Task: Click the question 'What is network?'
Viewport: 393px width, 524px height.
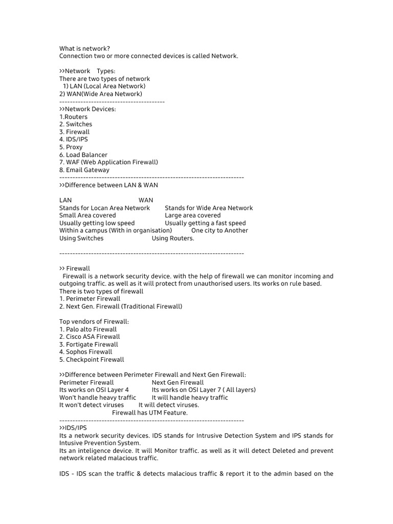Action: pyautogui.click(x=84, y=49)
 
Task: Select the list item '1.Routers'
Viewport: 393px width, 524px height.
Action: pyautogui.click(x=73, y=117)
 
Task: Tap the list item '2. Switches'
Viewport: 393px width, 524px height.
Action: pyautogui.click(x=76, y=124)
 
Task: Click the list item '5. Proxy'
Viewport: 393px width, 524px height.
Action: pyautogui.click(x=71, y=147)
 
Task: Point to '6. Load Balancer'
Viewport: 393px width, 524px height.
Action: pyautogui.click(x=83, y=155)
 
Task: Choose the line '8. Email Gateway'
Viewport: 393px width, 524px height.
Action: pyautogui.click(x=84, y=170)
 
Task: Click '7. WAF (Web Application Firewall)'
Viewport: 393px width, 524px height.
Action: pyautogui.click(x=108, y=162)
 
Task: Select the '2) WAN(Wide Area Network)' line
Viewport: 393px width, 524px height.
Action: pyautogui.click(x=101, y=94)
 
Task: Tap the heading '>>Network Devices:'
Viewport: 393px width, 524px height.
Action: pyautogui.click(x=88, y=109)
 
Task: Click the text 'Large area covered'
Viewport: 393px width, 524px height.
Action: pyautogui.click(x=192, y=215)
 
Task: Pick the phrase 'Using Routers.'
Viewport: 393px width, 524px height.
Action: pyautogui.click(x=173, y=238)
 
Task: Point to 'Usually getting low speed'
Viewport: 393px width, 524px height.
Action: pyautogui.click(x=97, y=223)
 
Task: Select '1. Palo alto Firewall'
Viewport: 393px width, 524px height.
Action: pyautogui.click(x=88, y=330)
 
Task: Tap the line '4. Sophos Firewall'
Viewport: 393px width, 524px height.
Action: pyautogui.click(x=85, y=352)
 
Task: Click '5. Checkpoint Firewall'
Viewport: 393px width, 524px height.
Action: pyautogui.click(x=92, y=360)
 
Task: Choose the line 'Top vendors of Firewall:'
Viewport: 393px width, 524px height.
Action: pyautogui.click(x=94, y=322)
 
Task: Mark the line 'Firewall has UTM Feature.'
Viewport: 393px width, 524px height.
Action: pyautogui.click(x=150, y=412)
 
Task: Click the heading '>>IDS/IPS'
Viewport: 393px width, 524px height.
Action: pyautogui.click(x=73, y=428)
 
